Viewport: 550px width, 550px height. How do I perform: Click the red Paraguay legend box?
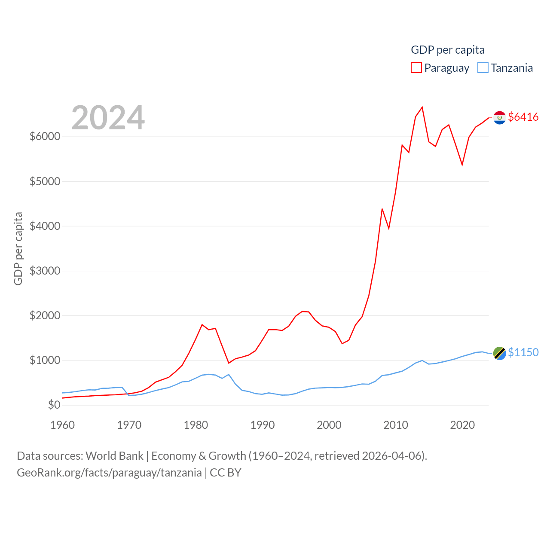point(416,68)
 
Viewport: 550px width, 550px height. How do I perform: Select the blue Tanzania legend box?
point(483,68)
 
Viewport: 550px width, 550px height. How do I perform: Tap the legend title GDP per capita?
point(447,50)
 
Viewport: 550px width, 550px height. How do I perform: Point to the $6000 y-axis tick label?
point(45,136)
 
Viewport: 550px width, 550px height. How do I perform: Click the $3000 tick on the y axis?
point(45,271)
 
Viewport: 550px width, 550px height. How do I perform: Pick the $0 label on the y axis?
point(54,405)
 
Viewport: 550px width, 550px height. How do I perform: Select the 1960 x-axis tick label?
point(63,425)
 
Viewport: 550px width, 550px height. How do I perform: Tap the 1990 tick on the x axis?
point(263,425)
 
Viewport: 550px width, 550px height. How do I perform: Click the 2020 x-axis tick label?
point(462,425)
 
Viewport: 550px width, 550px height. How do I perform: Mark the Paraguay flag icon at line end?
point(499,117)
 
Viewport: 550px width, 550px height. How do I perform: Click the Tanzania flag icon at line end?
point(499,353)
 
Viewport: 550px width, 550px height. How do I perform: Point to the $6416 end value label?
point(523,117)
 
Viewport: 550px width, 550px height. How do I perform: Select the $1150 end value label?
point(523,352)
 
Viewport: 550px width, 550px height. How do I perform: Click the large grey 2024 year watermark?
point(108,118)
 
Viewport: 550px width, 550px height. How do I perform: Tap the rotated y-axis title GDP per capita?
point(18,248)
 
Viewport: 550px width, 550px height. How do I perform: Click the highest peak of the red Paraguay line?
point(422,107)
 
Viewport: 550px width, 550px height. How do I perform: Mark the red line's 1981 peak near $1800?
point(202,325)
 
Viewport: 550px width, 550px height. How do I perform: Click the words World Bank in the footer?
point(114,455)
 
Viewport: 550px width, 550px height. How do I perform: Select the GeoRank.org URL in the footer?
point(109,473)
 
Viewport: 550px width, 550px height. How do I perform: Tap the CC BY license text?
point(226,473)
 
